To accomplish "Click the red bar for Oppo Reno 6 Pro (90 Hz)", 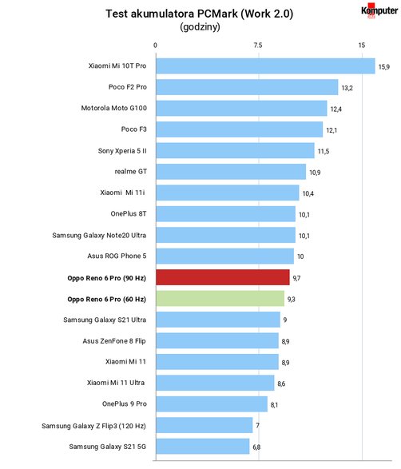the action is click(223, 277).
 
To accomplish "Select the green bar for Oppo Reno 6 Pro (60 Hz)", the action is click(220, 299).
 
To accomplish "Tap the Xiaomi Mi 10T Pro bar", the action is click(265, 66).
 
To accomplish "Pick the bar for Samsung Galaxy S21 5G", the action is click(203, 447).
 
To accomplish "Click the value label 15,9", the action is click(384, 67).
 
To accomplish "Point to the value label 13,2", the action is click(347, 88).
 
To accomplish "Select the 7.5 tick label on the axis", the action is click(258, 46).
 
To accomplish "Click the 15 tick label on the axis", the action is click(362, 46).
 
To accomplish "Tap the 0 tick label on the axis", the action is click(155, 46).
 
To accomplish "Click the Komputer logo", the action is click(379, 10).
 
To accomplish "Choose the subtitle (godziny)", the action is click(200, 27).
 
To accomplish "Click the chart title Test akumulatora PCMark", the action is click(172, 14).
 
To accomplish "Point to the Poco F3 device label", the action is click(133, 129).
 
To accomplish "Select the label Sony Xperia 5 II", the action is click(122, 151).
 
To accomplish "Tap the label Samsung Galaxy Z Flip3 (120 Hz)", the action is click(94, 426).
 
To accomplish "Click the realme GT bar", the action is click(231, 172).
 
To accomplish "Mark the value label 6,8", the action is click(256, 447).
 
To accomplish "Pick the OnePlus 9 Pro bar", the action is click(212, 404).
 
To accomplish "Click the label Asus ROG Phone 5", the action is click(117, 256).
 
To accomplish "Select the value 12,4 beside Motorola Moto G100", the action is click(336, 109).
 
